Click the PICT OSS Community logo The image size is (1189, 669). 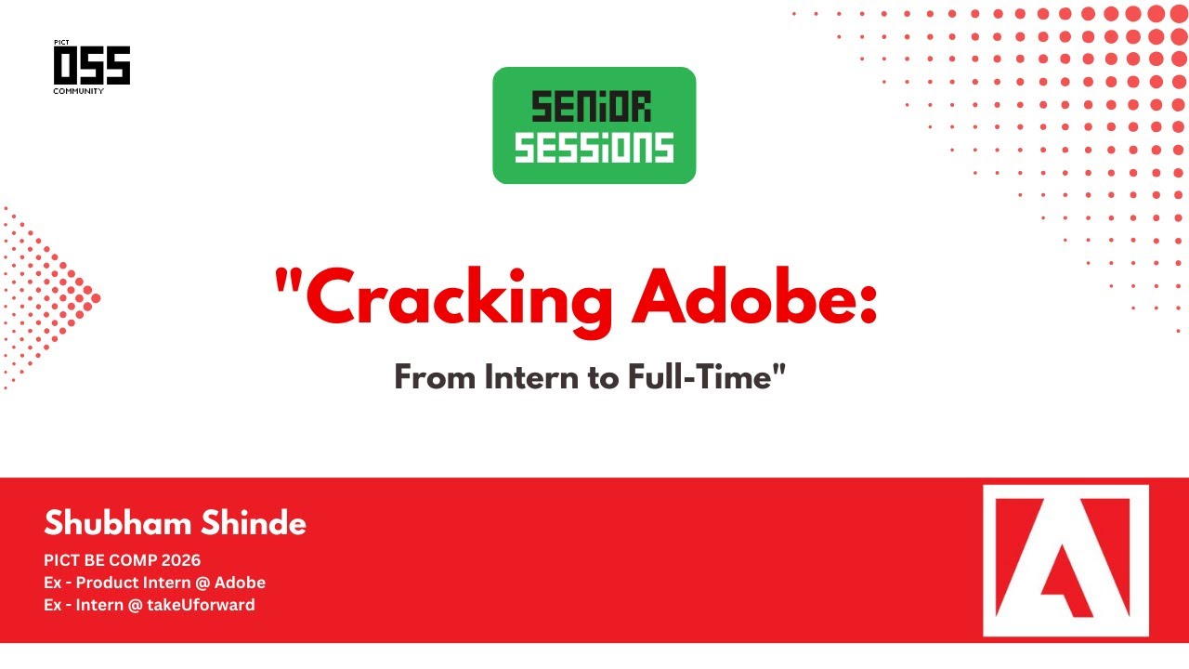[91, 66]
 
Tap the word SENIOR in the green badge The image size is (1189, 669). [591, 107]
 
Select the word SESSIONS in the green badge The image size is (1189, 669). [594, 147]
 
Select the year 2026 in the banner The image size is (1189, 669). [180, 560]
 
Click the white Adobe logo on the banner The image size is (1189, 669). [1065, 560]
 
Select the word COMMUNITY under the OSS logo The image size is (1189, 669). [78, 91]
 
